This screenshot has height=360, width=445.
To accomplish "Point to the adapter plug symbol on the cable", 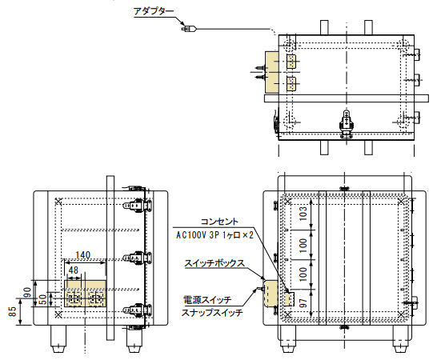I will pos(189,30).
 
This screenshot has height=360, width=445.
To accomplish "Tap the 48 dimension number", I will pos(74,270).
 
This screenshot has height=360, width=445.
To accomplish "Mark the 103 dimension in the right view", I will pos(303,212).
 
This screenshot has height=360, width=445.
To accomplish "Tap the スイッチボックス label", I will pos(214,262).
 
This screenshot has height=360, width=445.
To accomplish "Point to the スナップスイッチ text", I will pos(211,313).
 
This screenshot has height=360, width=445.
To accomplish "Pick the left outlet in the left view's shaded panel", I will pos(74,298).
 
